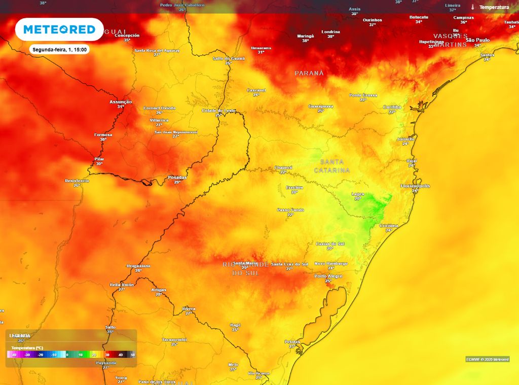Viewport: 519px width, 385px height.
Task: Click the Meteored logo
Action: (x=59, y=29)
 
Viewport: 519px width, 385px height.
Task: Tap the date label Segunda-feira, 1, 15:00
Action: (x=60, y=50)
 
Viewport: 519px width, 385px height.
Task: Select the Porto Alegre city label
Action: (x=328, y=276)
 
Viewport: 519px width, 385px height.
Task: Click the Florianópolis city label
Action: (x=415, y=186)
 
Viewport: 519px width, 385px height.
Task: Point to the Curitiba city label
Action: (x=392, y=108)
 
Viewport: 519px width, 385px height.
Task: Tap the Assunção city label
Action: (x=121, y=102)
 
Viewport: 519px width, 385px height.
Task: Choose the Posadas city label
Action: (x=177, y=178)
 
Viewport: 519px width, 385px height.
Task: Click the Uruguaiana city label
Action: (x=139, y=266)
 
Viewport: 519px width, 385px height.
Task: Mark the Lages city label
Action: (x=358, y=194)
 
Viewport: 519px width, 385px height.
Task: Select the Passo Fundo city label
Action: (x=290, y=209)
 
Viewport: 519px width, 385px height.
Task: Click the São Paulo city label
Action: (x=477, y=40)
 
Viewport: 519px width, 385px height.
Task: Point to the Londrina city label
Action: (x=330, y=31)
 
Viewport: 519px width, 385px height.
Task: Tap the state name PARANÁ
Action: (x=309, y=73)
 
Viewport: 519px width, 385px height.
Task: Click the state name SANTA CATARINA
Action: (x=332, y=166)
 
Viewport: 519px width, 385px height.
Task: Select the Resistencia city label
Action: (x=77, y=181)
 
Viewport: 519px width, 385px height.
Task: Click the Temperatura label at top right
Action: (x=494, y=7)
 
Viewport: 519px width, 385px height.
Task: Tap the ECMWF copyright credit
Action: (x=487, y=359)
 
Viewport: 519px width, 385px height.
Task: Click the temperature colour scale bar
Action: (x=71, y=355)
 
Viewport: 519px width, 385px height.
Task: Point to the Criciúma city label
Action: (x=388, y=225)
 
